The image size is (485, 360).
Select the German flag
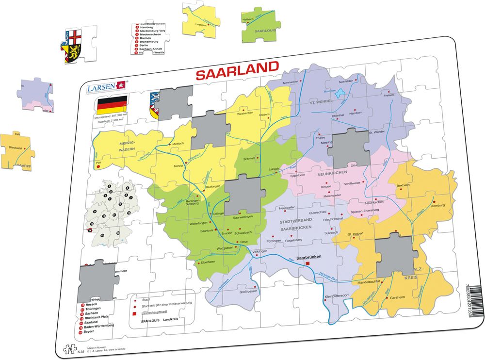tap(112, 104)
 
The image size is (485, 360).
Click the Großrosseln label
tap(247, 292)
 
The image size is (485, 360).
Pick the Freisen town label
tap(388, 95)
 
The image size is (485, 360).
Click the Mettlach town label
tap(178, 144)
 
